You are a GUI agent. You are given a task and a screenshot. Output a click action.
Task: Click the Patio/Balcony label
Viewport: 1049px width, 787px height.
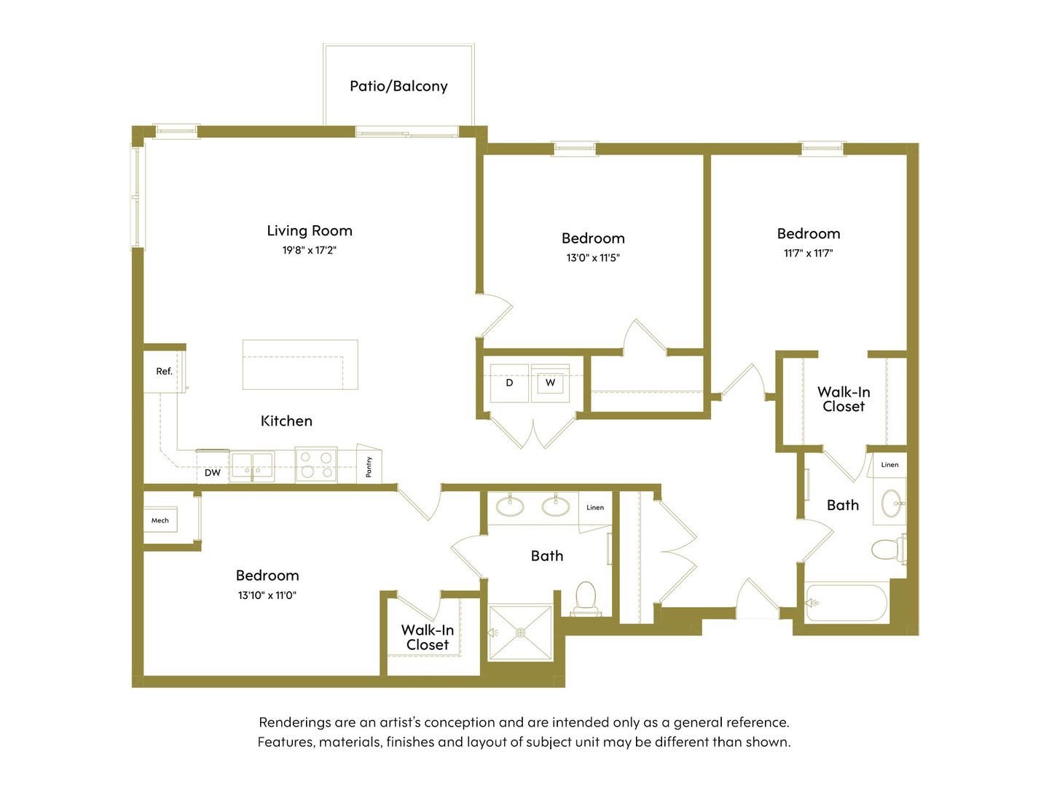click(398, 86)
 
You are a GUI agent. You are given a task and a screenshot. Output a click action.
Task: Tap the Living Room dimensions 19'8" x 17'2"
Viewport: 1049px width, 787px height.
click(309, 250)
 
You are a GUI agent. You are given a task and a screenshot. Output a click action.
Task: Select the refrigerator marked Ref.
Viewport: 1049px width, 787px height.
click(164, 372)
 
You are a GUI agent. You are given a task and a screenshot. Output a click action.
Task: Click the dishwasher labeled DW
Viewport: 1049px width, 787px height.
click(213, 473)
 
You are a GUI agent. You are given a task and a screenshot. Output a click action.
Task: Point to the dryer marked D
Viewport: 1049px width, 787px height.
click(509, 383)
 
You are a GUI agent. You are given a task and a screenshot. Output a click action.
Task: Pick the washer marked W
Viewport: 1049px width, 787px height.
click(550, 383)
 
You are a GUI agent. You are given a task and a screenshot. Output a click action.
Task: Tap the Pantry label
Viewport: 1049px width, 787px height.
click(369, 466)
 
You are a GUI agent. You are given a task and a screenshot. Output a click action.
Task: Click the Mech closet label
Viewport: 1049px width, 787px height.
click(160, 520)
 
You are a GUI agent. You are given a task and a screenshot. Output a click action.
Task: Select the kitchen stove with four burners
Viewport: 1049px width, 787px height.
click(316, 465)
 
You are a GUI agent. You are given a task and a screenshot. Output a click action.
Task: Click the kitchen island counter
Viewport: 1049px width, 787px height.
click(300, 364)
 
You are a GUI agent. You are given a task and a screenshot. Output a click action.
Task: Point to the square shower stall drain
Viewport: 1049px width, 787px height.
click(520, 633)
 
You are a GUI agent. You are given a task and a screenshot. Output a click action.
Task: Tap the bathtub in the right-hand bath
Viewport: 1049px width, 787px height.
click(846, 603)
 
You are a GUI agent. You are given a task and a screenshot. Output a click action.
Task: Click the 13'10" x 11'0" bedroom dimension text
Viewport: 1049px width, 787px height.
click(267, 595)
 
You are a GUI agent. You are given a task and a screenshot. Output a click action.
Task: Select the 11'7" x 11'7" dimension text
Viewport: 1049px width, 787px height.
click(808, 254)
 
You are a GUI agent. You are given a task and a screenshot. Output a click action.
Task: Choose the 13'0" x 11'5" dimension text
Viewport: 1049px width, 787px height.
click(592, 258)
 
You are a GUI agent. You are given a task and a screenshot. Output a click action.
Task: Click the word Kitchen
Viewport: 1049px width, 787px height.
click(286, 421)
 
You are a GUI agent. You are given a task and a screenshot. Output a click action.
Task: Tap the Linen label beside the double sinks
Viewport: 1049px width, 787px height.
click(595, 507)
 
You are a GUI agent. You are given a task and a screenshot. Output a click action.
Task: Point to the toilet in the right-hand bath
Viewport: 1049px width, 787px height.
click(889, 549)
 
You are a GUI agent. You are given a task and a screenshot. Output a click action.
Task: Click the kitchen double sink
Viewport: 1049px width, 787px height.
click(252, 466)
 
